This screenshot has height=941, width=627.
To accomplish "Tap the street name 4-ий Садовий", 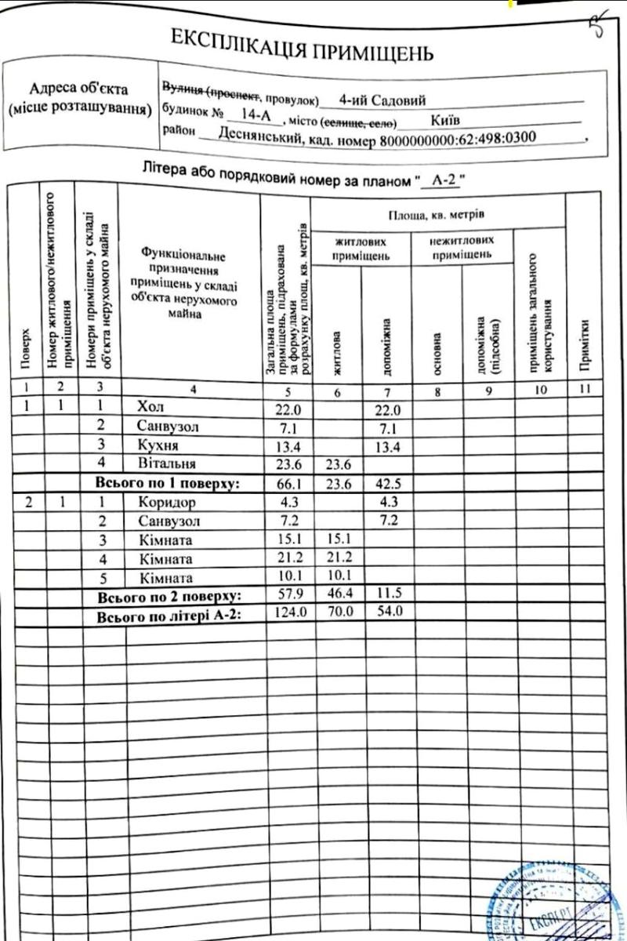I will tap(382, 100).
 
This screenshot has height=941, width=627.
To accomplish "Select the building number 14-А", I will tap(256, 116).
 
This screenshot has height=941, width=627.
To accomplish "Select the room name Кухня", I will tap(157, 445).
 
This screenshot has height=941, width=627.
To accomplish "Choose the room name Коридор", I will tap(166, 502).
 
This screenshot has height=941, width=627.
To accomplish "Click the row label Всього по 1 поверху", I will tap(165, 482).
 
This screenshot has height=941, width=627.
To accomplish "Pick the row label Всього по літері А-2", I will tap(167, 616).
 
